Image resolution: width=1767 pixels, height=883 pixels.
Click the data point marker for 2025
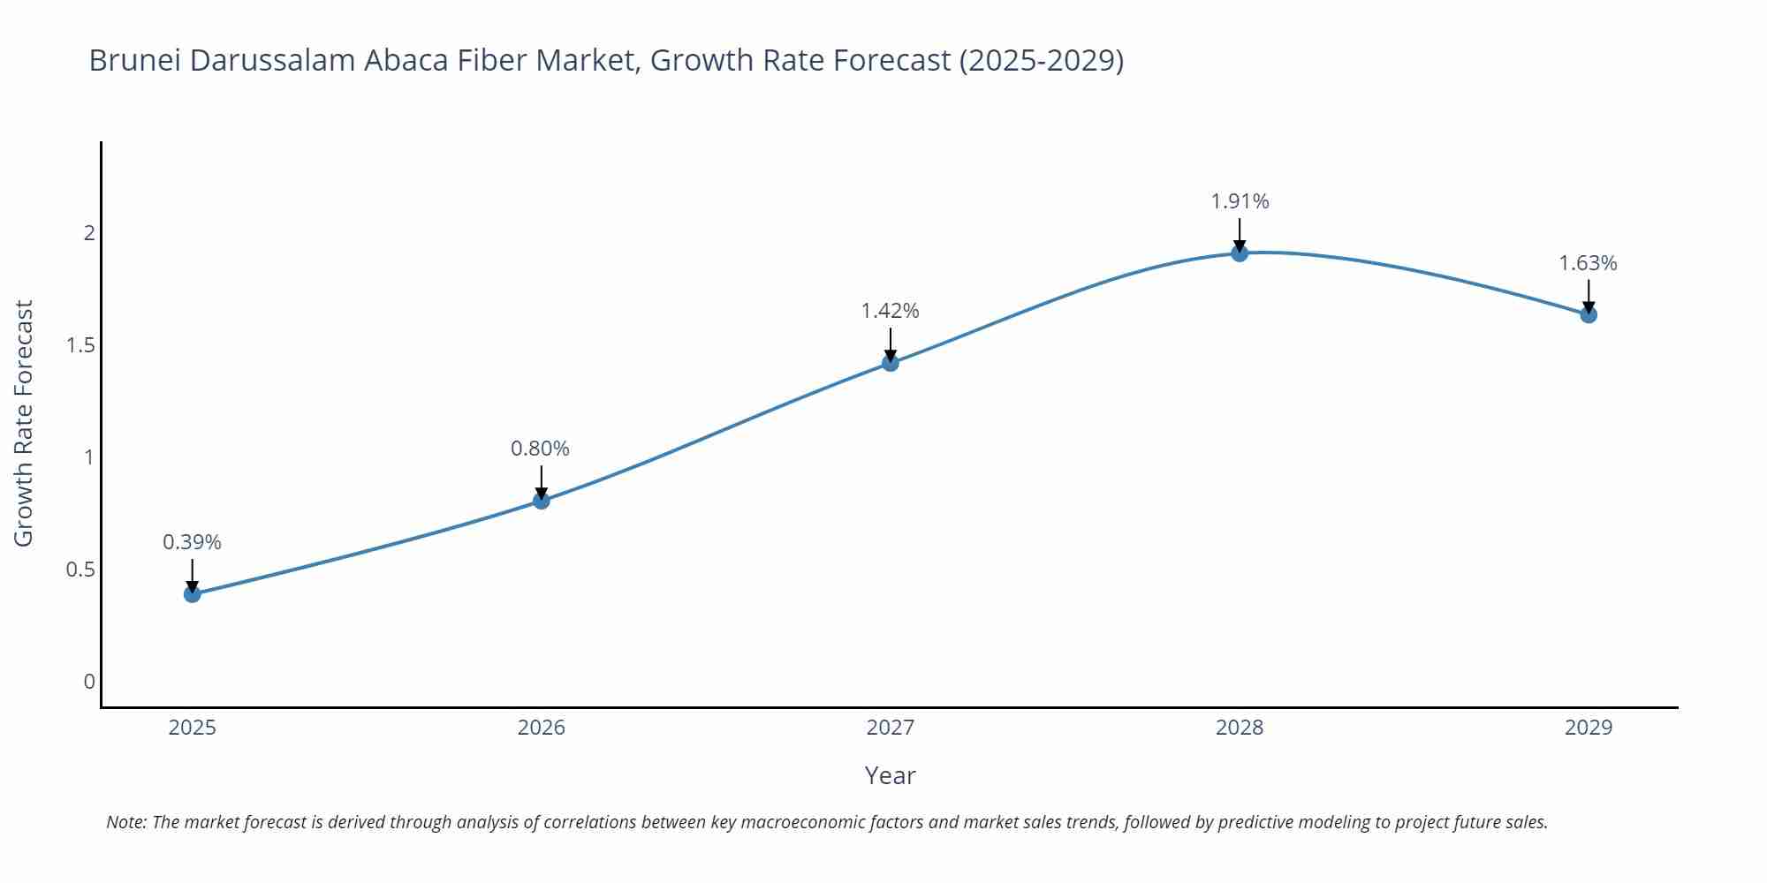(x=192, y=594)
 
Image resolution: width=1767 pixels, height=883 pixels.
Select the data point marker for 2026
(x=542, y=501)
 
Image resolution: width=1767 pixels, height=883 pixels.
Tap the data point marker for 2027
(x=891, y=363)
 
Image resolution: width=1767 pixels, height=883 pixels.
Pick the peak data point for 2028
(x=1240, y=253)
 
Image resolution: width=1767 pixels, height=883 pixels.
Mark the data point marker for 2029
(x=1589, y=314)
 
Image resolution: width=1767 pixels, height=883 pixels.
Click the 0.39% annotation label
(x=192, y=542)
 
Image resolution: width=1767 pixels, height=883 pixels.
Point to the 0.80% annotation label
(x=541, y=449)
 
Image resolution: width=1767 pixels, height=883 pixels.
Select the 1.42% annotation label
(x=891, y=311)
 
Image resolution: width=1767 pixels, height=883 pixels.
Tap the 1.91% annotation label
(x=1240, y=201)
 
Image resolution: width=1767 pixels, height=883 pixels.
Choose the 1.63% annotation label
(x=1588, y=263)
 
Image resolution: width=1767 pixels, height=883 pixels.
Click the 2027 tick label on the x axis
(x=891, y=728)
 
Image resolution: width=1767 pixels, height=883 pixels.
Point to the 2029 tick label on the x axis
(x=1589, y=728)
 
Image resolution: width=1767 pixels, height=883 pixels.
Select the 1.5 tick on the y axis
(x=80, y=345)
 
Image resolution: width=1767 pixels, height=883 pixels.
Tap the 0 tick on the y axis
(x=89, y=682)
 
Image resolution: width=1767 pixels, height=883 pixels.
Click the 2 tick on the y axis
(x=89, y=233)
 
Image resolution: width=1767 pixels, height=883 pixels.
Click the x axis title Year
(x=890, y=776)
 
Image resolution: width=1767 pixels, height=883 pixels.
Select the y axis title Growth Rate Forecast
(x=24, y=423)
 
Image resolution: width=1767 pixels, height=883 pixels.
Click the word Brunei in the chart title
(x=134, y=60)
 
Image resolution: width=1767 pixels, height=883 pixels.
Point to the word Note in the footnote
(x=125, y=822)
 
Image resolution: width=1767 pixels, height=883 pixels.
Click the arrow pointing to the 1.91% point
(x=1240, y=235)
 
